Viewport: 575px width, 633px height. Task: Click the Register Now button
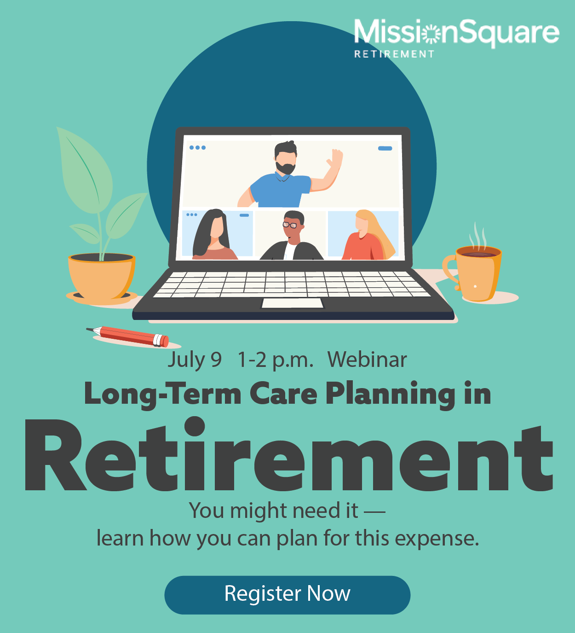tap(287, 594)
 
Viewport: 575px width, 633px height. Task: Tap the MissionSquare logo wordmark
tap(456, 33)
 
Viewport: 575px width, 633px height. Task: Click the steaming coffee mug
tap(477, 273)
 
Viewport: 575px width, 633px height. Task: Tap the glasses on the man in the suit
tap(290, 225)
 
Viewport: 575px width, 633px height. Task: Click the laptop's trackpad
tap(292, 303)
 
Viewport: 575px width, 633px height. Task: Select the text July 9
tap(194, 360)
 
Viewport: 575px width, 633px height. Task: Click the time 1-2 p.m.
tap(275, 360)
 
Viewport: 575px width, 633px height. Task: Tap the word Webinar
tap(367, 360)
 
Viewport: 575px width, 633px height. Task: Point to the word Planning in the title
tap(390, 395)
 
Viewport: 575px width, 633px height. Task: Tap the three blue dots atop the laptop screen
tap(197, 148)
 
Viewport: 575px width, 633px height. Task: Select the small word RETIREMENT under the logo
tap(394, 54)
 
